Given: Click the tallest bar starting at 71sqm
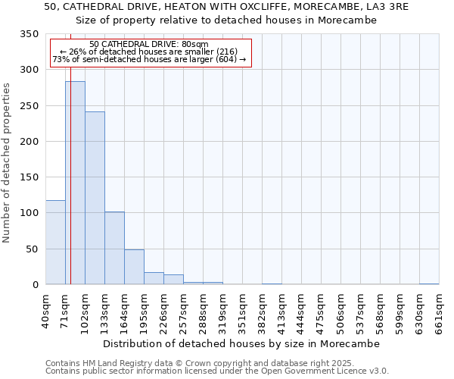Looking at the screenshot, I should point(75,183).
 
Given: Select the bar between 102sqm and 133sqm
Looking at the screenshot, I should point(95,198).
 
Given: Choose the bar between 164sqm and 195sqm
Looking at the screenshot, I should point(134,267).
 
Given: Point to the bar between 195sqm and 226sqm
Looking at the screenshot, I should point(154,278).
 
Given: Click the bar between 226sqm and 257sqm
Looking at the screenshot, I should point(173,280).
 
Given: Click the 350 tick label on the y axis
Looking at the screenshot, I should point(29,35).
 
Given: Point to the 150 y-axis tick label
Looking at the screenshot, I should point(29,177).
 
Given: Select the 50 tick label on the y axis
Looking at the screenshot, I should point(32,249).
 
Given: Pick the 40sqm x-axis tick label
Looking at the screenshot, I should point(45,311).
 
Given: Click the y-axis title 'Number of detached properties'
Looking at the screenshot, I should point(8,163).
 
